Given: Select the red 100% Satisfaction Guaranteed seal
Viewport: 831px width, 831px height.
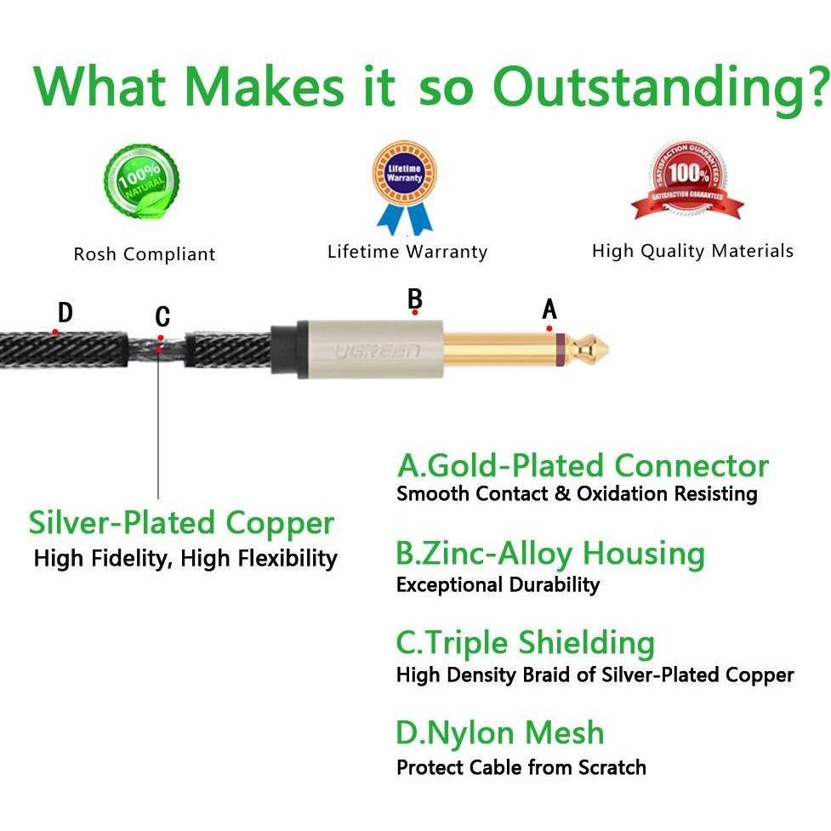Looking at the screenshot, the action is click(687, 179).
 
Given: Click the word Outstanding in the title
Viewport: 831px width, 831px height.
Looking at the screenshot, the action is click(658, 88).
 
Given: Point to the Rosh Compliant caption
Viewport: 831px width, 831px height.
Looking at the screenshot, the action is click(145, 253).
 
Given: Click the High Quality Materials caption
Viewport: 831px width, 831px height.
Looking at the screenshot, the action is click(692, 251).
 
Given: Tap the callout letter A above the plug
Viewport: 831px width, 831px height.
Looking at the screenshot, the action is click(549, 309).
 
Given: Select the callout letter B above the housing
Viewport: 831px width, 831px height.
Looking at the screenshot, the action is click(415, 299).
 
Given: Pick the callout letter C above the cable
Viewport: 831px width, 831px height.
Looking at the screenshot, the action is click(162, 316).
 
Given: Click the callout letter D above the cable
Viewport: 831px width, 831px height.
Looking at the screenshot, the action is click(65, 312).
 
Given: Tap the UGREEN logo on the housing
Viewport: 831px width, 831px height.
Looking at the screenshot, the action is click(378, 351).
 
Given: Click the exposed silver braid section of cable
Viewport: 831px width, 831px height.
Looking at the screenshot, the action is click(157, 350).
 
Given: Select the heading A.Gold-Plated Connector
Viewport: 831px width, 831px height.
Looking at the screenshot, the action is click(583, 465).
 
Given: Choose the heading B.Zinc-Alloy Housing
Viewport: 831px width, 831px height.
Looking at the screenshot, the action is click(550, 554).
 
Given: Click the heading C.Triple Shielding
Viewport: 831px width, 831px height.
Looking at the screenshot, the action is click(525, 643).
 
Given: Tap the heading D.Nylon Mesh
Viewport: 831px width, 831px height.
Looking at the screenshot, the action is click(500, 732).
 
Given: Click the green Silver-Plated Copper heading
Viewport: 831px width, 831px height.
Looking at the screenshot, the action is click(181, 523).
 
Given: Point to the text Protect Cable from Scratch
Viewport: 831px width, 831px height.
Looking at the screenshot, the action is click(521, 767).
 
